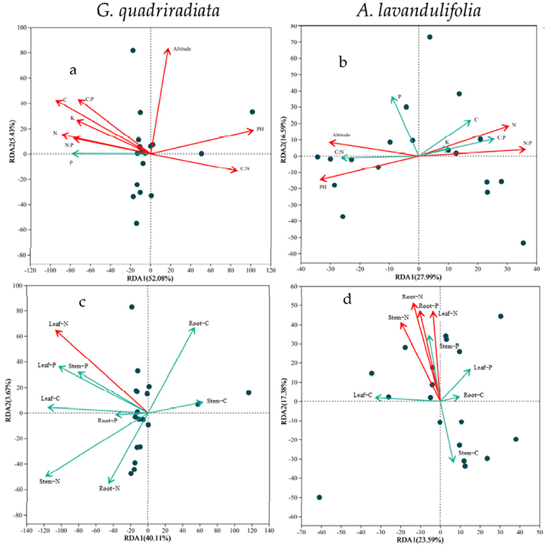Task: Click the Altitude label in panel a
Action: [x=182, y=49]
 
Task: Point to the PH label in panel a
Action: [x=259, y=129]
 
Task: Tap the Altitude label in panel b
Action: [x=341, y=135]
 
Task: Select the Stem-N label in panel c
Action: [x=51, y=481]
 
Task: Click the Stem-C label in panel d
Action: [x=468, y=453]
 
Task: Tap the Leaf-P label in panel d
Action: [x=483, y=367]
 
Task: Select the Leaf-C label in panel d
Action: [x=363, y=395]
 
